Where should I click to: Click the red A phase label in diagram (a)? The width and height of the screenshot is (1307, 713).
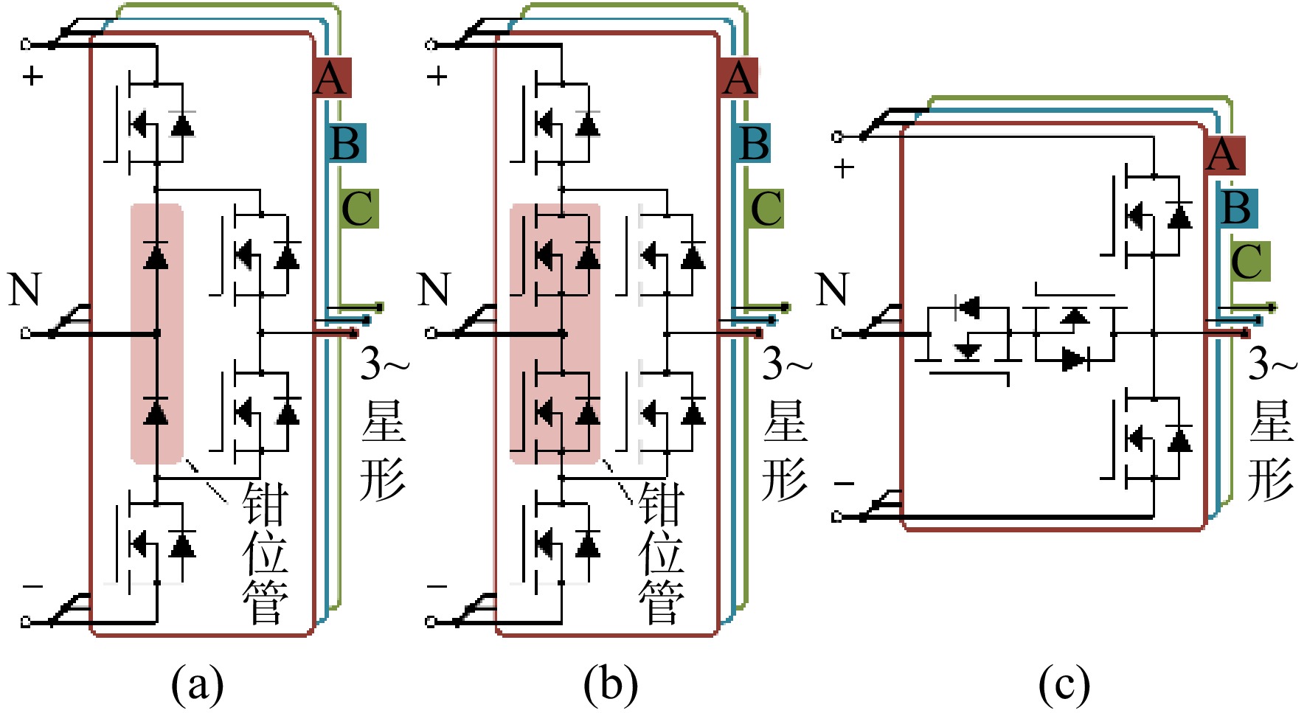coord(332,77)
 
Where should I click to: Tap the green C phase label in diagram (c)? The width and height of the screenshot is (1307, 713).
coord(1249,261)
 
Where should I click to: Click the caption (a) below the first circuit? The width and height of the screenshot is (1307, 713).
coord(197,684)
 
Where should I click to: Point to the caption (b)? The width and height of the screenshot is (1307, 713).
coord(611,684)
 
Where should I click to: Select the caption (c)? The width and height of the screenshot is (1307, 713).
coord(1064,684)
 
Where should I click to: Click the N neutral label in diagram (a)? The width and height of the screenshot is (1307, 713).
coord(24,290)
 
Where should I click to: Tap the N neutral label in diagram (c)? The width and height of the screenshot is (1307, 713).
coord(833,290)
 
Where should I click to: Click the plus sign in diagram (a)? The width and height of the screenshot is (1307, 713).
coord(32,76)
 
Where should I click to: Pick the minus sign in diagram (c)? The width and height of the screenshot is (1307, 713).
coord(844,484)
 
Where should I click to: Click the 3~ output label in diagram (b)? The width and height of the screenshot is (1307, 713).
coord(787,364)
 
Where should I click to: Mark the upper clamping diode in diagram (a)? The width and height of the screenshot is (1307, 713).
coord(156,255)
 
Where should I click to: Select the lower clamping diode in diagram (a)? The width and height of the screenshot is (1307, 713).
coord(156,411)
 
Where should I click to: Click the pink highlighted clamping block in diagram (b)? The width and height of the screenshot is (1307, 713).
coord(555,334)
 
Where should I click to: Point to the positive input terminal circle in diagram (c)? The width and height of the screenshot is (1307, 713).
coord(836,136)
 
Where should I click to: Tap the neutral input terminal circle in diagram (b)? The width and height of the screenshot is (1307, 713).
coord(431,333)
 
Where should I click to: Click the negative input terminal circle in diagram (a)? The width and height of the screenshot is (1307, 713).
coord(26,622)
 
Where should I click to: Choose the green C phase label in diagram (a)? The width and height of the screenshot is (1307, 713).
coord(359,209)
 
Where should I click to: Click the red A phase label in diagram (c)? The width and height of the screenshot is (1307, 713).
coord(1224,156)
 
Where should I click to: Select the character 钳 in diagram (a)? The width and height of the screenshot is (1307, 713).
coord(265,504)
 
